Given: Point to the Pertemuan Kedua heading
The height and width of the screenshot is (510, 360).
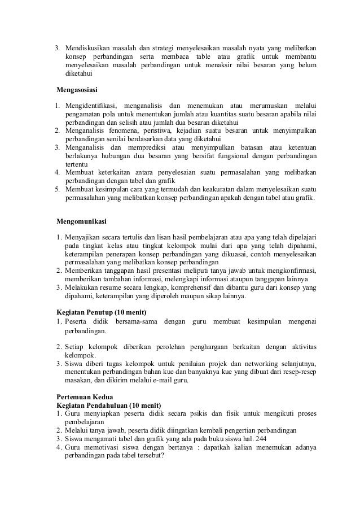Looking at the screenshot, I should [x=83, y=397].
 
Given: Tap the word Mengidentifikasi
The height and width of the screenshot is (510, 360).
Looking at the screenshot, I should [x=91, y=106].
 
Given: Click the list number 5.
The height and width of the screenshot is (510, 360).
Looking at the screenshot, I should [x=57, y=189].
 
